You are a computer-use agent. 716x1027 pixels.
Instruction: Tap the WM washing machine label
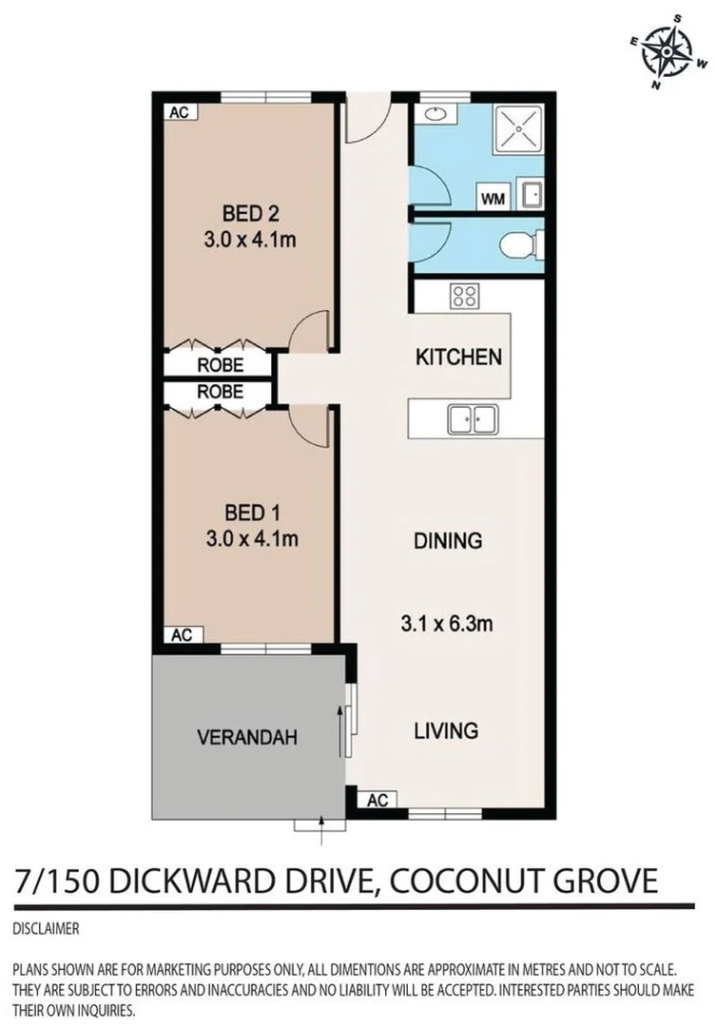tap(493, 199)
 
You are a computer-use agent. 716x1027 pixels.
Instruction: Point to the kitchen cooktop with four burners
tap(465, 296)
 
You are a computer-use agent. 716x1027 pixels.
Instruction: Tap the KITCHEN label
tap(458, 358)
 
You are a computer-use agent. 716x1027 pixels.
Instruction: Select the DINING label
tap(448, 540)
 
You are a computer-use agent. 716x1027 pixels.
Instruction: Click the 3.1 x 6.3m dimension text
tap(448, 625)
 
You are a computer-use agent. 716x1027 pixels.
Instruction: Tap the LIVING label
tap(445, 730)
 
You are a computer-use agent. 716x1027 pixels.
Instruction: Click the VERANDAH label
tap(247, 736)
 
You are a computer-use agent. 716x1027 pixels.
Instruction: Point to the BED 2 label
tap(249, 212)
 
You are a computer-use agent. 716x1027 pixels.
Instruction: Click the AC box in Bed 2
tap(179, 112)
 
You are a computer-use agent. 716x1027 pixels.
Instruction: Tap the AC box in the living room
tap(377, 800)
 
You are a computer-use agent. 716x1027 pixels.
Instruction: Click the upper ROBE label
tap(220, 364)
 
